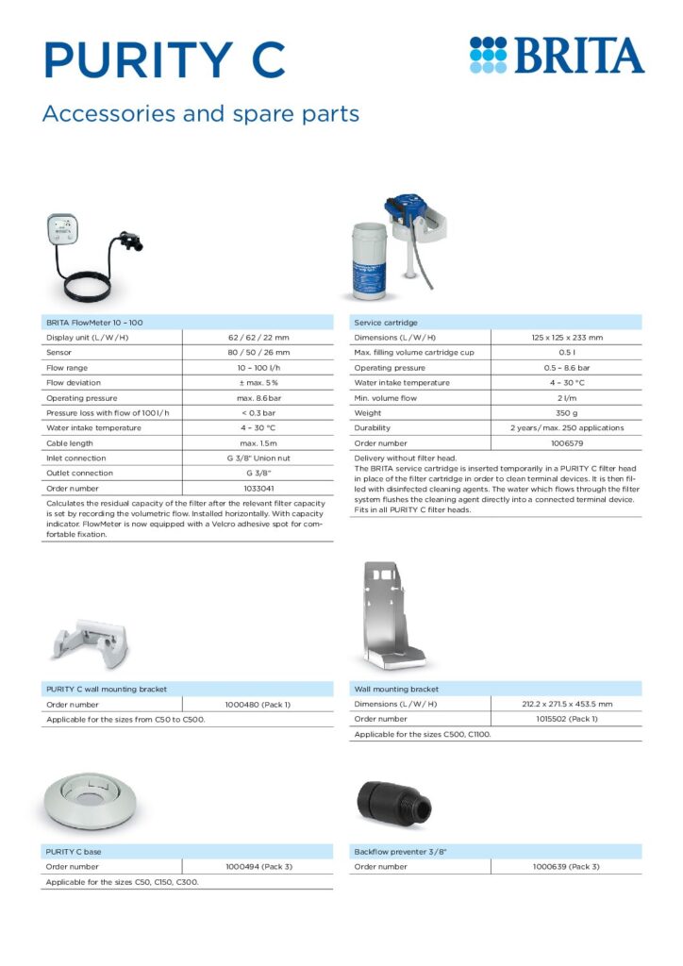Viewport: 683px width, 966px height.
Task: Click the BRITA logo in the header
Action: (x=557, y=56)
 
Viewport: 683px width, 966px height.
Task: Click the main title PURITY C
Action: (x=164, y=58)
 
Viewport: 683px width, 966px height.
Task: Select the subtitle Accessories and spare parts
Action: (x=201, y=114)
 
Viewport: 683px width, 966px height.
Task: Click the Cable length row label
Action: (x=70, y=442)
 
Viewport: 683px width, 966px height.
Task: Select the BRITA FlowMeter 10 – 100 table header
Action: (x=94, y=323)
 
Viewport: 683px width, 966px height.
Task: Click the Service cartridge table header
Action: (x=386, y=323)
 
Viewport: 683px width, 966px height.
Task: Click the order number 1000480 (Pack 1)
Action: (x=258, y=704)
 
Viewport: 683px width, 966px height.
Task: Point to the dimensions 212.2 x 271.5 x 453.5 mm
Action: (x=566, y=704)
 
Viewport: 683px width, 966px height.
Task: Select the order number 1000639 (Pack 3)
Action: (x=566, y=866)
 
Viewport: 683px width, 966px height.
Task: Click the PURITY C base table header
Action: (x=74, y=851)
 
